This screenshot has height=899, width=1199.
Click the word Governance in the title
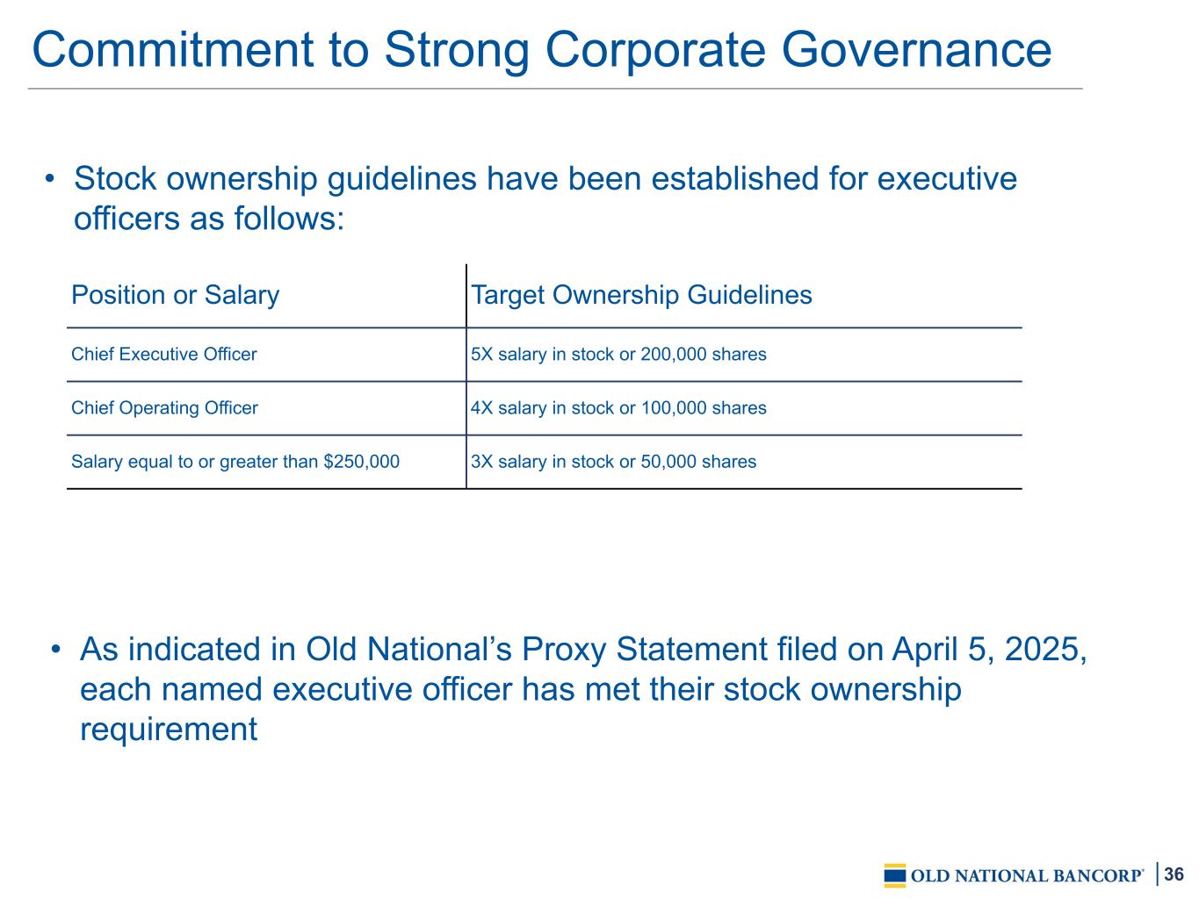click(x=916, y=50)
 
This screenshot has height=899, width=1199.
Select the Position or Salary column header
click(x=175, y=295)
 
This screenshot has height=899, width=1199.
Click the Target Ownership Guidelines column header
click(x=641, y=295)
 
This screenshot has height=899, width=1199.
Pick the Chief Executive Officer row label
click(x=164, y=355)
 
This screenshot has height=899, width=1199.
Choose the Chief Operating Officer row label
click(x=164, y=407)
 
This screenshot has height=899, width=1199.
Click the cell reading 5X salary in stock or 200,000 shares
click(x=618, y=355)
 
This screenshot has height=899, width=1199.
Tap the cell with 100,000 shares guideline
click(x=618, y=407)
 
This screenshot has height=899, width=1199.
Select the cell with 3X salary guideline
click(x=613, y=462)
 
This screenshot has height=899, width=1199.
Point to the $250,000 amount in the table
click(x=361, y=462)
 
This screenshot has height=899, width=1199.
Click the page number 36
click(x=1174, y=874)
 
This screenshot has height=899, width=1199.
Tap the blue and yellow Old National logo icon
click(x=895, y=875)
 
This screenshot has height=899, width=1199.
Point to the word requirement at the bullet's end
click(x=169, y=730)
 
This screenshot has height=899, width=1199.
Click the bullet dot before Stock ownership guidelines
click(x=50, y=178)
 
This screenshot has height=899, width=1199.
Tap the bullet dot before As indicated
click(x=55, y=650)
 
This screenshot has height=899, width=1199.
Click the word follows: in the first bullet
click(x=289, y=219)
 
